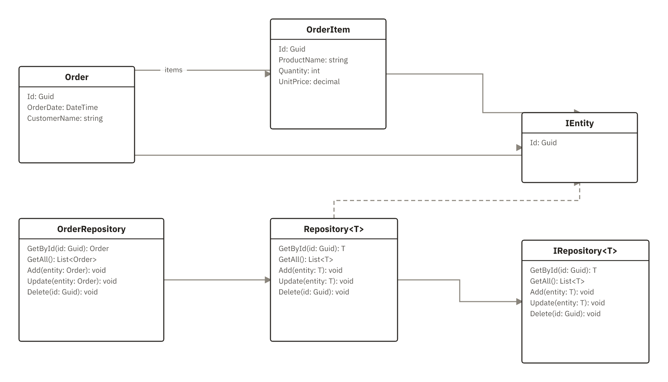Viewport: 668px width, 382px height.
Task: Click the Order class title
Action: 77,77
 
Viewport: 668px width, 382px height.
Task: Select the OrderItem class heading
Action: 328,30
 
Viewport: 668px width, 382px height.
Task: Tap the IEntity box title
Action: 580,123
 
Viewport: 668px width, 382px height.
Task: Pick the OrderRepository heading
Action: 91,229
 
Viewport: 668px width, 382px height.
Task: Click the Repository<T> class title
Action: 334,229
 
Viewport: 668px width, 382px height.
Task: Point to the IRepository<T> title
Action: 585,251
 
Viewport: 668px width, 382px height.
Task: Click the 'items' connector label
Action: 174,70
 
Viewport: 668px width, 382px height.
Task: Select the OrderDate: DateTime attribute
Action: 63,108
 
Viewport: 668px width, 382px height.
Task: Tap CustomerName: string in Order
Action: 65,118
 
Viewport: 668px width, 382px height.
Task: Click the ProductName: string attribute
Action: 313,60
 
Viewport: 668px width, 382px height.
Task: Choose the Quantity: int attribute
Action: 299,71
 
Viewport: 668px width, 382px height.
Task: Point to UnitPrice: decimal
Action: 309,82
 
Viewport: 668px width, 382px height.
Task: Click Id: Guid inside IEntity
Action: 543,143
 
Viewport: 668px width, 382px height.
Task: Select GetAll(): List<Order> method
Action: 62,260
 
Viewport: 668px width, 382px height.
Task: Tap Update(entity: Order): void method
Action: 72,281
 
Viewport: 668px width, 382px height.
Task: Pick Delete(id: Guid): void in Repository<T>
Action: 314,292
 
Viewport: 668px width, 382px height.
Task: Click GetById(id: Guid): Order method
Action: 68,249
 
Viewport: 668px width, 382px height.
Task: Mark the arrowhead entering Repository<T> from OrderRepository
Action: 268,280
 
